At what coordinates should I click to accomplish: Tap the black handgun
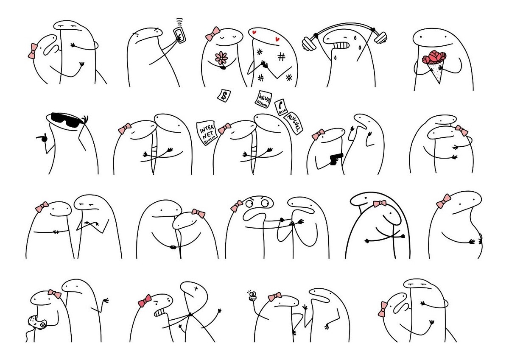[336, 159]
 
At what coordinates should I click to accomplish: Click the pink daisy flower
[221, 58]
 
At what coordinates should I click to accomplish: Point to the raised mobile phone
[180, 35]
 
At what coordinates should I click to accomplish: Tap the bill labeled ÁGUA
[263, 100]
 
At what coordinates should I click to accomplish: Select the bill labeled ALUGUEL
[293, 123]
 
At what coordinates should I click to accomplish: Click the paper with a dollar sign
[224, 96]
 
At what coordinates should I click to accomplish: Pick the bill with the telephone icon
[281, 107]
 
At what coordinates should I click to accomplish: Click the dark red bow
[145, 301]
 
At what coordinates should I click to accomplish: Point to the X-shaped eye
[196, 289]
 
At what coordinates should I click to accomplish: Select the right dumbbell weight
[380, 38]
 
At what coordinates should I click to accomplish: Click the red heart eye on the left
[255, 32]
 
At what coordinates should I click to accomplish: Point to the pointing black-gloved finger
[42, 137]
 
